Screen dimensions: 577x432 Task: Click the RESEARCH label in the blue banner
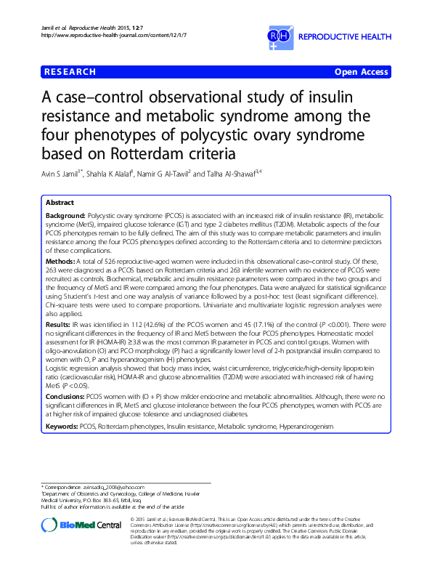tap(70, 72)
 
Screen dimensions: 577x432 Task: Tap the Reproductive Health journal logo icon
tap(282, 38)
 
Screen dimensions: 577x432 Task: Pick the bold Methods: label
tap(60, 259)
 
